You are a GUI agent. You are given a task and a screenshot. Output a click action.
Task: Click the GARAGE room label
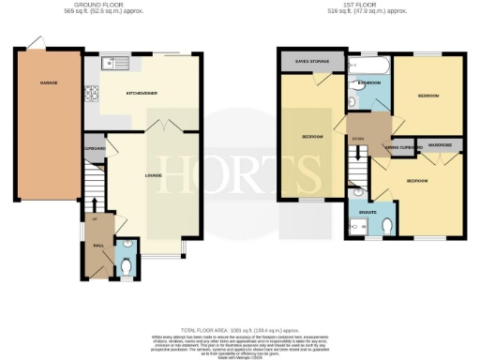(x=48, y=83)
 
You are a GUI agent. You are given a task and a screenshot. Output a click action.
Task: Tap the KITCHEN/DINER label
(x=141, y=94)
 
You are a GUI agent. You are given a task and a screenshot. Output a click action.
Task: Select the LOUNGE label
(x=153, y=175)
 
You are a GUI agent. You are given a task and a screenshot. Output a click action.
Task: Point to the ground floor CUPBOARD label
(x=95, y=149)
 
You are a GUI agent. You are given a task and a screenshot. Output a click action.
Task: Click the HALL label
(x=97, y=247)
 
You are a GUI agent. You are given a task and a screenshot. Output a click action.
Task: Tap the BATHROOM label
(x=368, y=83)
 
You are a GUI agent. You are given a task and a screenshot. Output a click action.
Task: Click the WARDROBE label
(x=440, y=145)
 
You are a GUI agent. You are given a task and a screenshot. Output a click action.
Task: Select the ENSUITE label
(x=368, y=212)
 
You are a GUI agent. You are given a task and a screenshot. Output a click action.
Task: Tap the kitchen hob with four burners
(x=94, y=93)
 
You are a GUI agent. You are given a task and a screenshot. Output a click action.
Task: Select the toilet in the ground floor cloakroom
(x=128, y=265)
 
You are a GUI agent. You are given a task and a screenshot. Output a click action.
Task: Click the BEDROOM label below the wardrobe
(x=417, y=180)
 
